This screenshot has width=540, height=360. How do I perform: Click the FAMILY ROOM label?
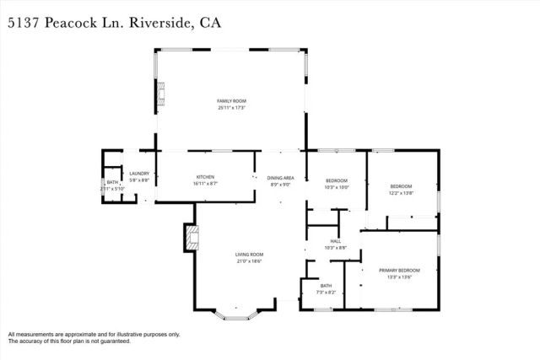[x=231, y=101]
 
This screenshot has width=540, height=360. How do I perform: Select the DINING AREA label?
[x=280, y=179]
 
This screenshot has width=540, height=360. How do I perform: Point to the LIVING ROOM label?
[x=250, y=255]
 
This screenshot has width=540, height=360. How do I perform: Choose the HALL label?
[x=336, y=241]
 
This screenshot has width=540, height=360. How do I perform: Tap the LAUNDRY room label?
[x=139, y=175]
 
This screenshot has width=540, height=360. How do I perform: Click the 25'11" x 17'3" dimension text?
[x=231, y=108]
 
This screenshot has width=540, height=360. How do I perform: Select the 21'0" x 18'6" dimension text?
[x=250, y=261]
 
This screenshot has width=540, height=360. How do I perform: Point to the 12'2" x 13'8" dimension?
[x=401, y=193]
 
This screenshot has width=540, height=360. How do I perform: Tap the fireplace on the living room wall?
[x=190, y=239]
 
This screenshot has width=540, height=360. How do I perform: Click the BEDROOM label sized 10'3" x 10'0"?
[x=337, y=181]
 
